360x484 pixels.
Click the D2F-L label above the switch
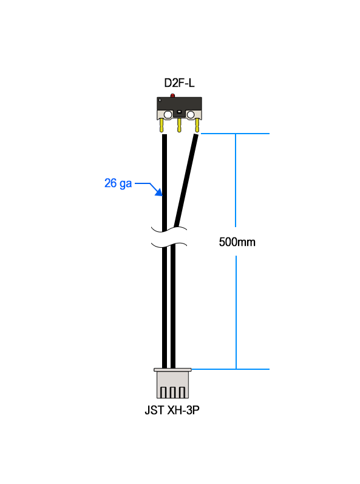(x=179, y=83)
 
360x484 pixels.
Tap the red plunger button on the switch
(x=173, y=95)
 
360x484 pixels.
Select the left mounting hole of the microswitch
(x=168, y=115)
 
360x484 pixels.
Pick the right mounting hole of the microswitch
(x=191, y=115)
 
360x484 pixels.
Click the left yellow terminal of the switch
(x=161, y=126)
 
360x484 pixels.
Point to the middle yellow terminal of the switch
(x=179, y=125)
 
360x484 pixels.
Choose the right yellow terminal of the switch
(x=197, y=126)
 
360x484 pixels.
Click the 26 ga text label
(x=118, y=183)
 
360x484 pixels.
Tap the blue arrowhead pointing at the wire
(x=158, y=193)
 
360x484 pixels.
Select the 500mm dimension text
(x=237, y=242)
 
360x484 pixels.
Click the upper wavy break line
(x=169, y=230)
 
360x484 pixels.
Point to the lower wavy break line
(x=169, y=245)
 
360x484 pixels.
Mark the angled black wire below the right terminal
(x=186, y=180)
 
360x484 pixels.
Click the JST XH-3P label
(x=172, y=411)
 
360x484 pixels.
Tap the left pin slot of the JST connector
(x=163, y=392)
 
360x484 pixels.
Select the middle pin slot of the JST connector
(x=172, y=392)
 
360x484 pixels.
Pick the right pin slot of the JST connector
(x=182, y=392)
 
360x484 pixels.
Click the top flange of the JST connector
(x=172, y=369)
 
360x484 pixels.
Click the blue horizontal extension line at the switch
(x=235, y=134)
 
